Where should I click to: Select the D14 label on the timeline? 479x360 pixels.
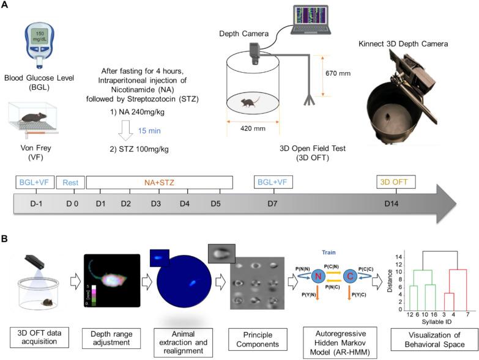point(392,203)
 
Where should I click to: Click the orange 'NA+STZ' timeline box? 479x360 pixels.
point(159,182)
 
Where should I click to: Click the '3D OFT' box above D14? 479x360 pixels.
point(395,182)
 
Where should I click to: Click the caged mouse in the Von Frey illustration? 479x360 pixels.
point(35,117)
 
